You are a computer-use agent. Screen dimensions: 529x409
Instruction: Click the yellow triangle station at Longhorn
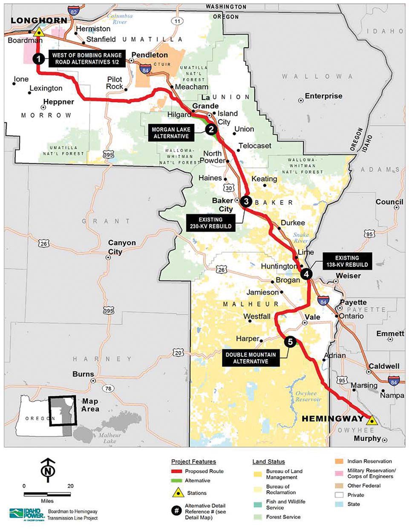click(x=39, y=32)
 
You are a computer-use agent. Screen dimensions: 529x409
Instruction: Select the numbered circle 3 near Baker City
click(x=246, y=201)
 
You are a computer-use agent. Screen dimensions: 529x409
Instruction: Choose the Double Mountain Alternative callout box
click(x=251, y=358)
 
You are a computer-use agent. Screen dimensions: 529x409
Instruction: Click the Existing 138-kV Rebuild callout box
click(x=347, y=261)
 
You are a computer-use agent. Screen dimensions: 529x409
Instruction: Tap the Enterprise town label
click(x=323, y=96)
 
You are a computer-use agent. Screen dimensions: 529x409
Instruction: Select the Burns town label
click(x=83, y=374)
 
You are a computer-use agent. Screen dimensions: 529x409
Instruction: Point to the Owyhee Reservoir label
click(x=308, y=396)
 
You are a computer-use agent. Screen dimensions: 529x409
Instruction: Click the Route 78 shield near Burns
click(x=109, y=388)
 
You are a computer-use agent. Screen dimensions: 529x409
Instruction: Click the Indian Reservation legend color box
click(x=339, y=461)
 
